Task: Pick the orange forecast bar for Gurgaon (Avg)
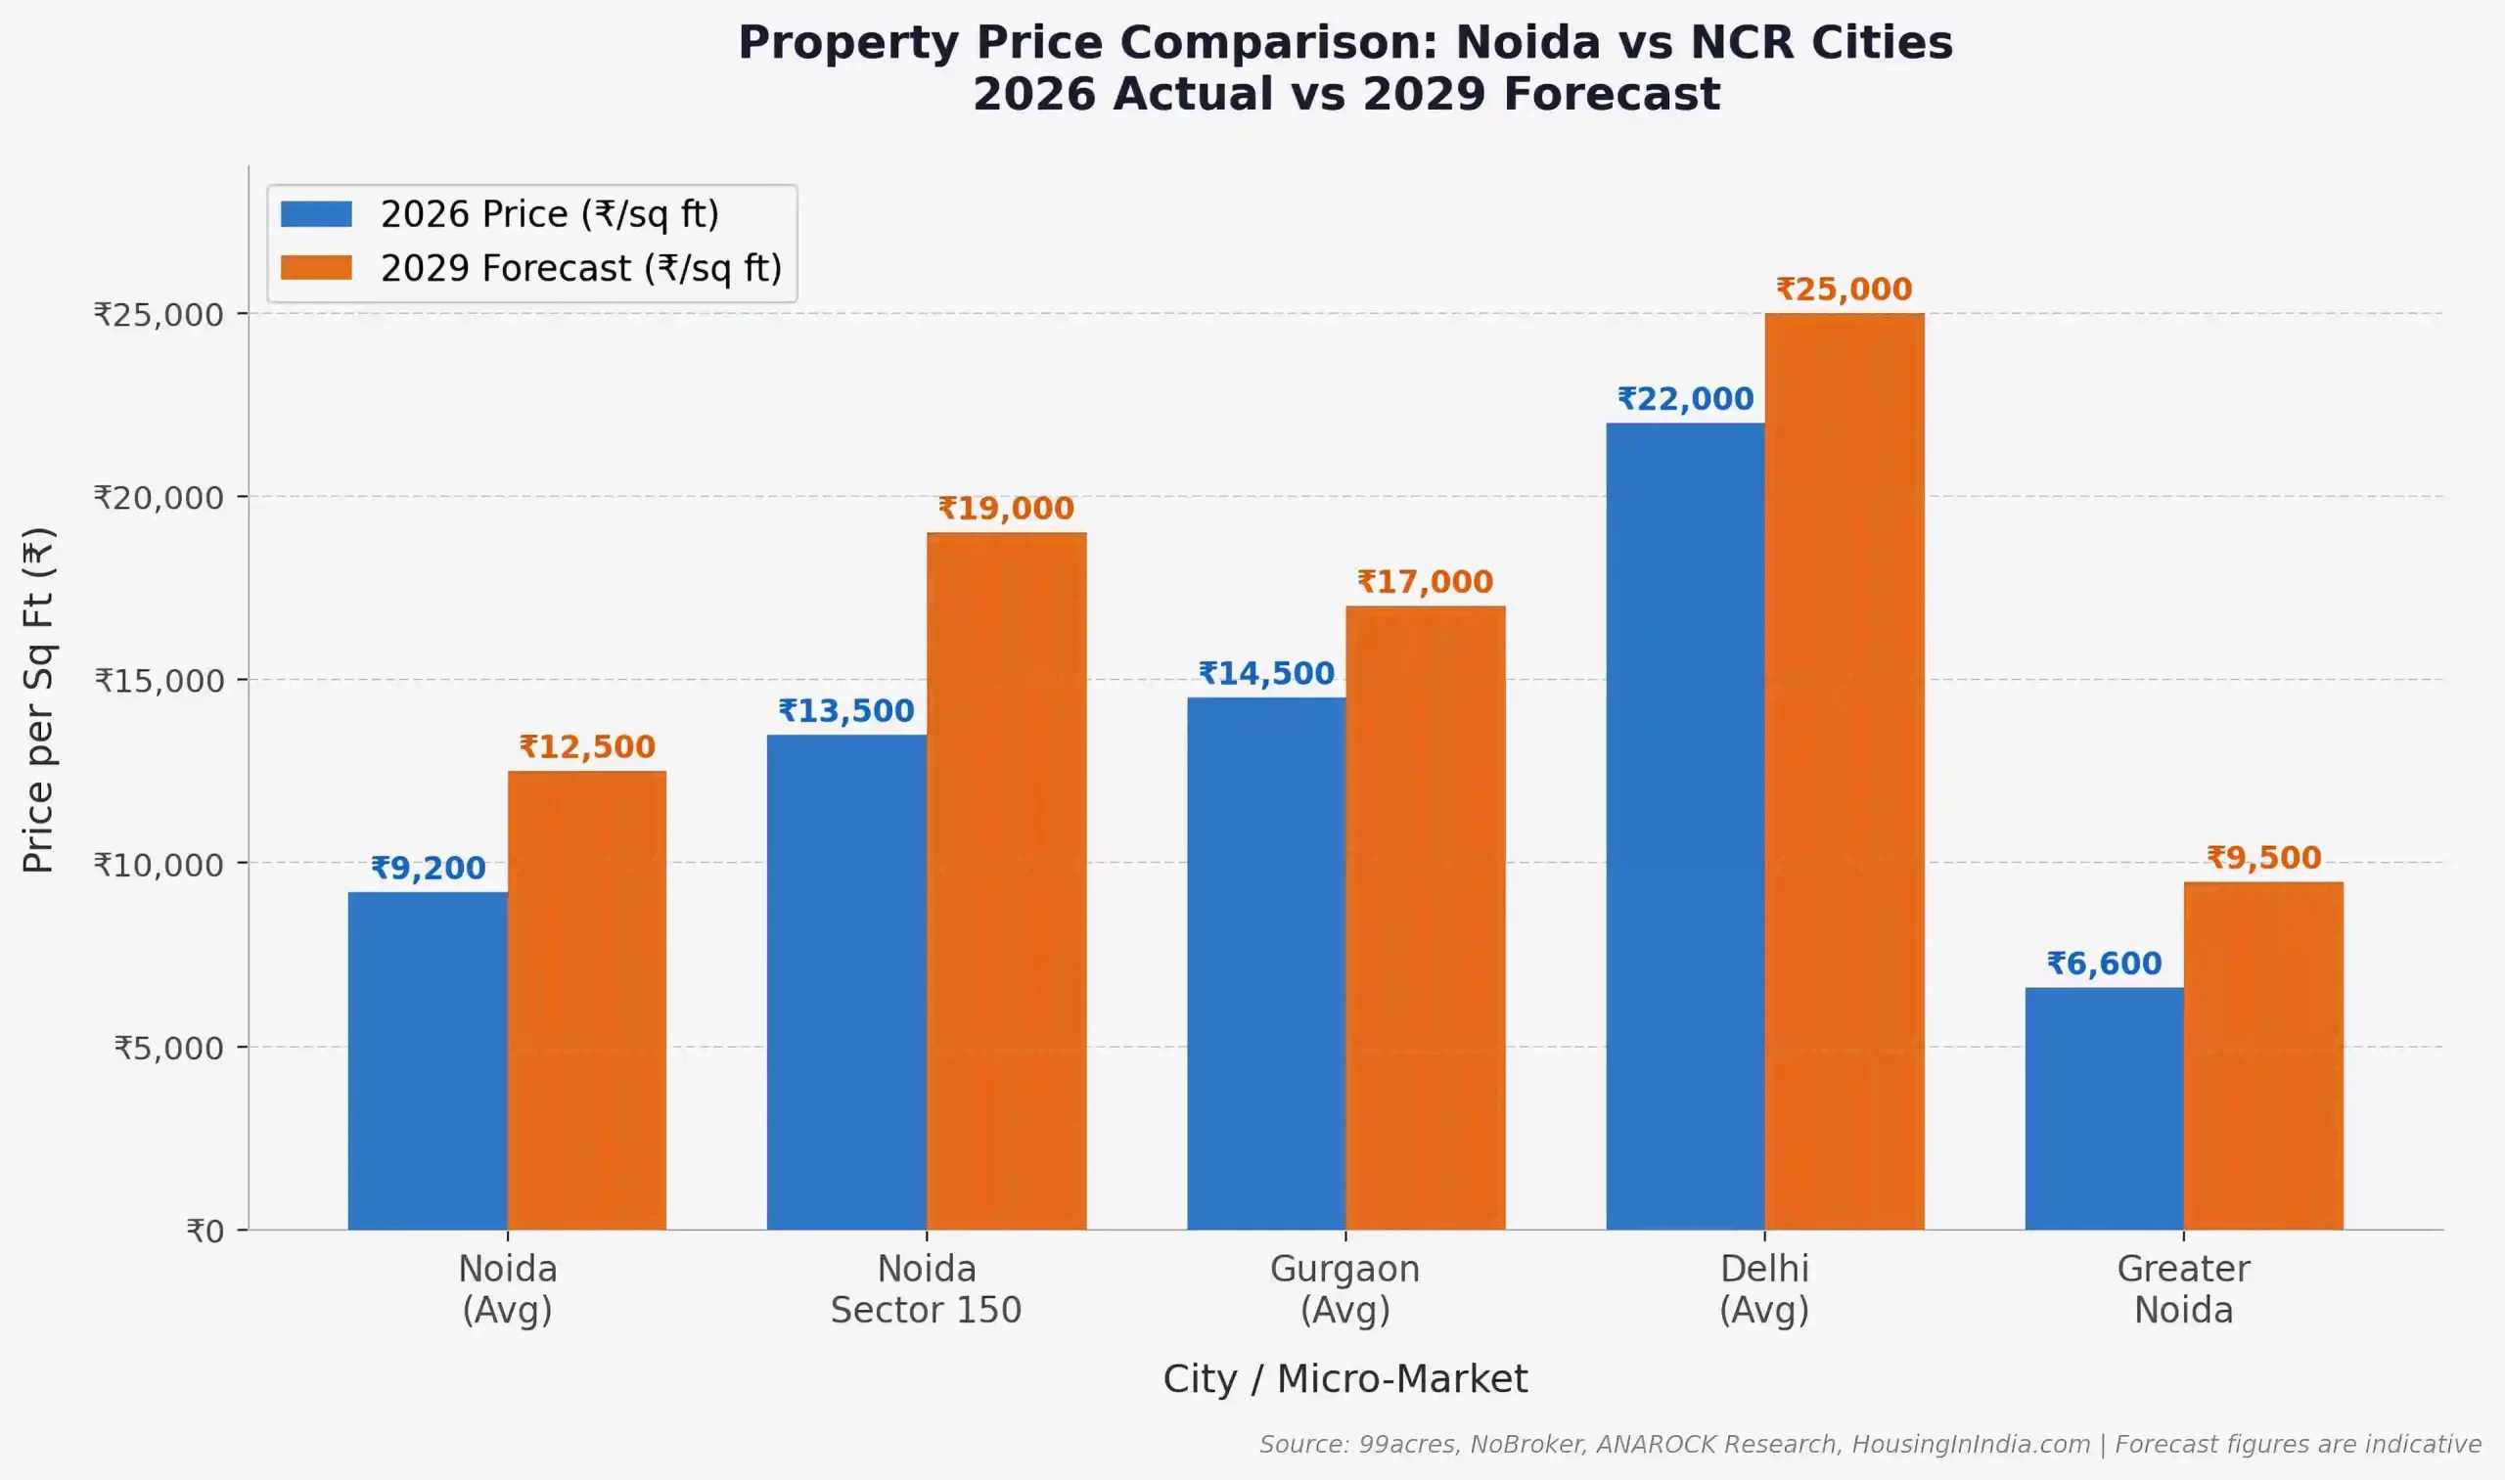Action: tap(1425, 918)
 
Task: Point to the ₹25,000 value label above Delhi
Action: tap(1844, 290)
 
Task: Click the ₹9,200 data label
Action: tap(428, 868)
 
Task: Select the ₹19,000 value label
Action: tap(1006, 509)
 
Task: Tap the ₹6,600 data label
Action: tap(2104, 964)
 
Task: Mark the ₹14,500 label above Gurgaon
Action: tap(1266, 673)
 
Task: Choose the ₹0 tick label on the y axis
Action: tap(205, 1231)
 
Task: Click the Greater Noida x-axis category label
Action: tap(2183, 1288)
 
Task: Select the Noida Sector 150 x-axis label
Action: tap(926, 1288)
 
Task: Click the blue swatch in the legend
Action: tap(315, 213)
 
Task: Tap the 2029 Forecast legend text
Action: tap(580, 268)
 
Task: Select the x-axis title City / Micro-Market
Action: tap(1344, 1378)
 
